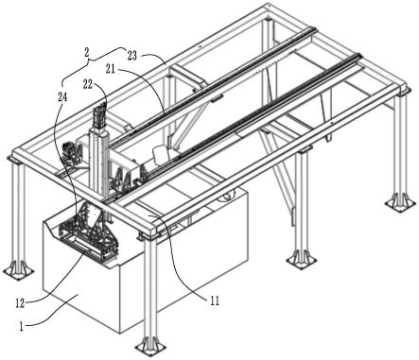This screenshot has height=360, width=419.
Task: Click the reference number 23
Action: (132, 56)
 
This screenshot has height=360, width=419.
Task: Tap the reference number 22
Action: (88, 84)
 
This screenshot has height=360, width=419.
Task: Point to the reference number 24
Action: (62, 97)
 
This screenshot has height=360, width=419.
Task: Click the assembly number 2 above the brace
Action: (86, 52)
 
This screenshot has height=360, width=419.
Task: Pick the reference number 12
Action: (20, 303)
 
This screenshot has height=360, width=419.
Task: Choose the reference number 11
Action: (215, 301)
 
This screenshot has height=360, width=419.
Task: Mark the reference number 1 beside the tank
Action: (21, 327)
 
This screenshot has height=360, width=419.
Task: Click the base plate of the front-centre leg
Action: (150, 348)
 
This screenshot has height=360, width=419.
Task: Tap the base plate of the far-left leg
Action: (19, 269)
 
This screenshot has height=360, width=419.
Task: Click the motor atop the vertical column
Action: (99, 115)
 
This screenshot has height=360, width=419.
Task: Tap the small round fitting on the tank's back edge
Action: (227, 196)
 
